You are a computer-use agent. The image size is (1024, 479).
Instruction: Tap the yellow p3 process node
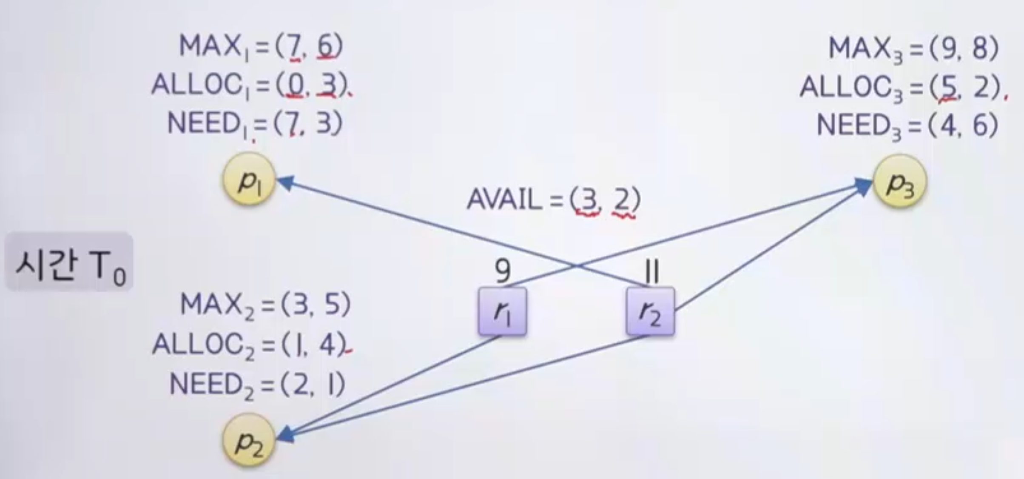pyautogui.click(x=900, y=182)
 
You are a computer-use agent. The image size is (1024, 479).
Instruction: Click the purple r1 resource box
pyautogui.click(x=503, y=312)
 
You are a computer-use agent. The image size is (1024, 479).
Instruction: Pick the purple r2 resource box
pyautogui.click(x=650, y=312)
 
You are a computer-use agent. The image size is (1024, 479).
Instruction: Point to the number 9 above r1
pyautogui.click(x=503, y=271)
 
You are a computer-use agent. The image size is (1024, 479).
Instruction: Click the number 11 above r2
pyautogui.click(x=651, y=271)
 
